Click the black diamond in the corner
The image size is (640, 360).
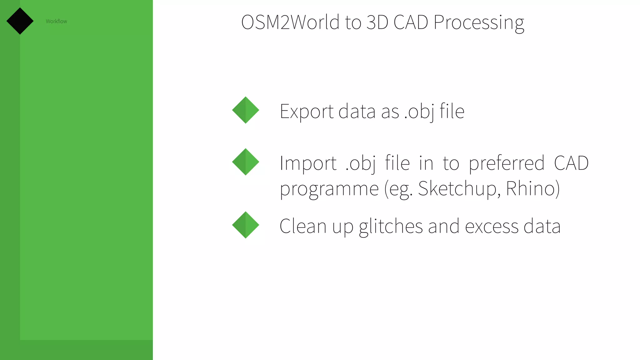click(x=20, y=21)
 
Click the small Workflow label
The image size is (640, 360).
click(x=56, y=21)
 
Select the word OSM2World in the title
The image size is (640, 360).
click(x=290, y=22)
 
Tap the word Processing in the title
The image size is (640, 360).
click(x=479, y=22)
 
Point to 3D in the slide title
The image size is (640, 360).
click(x=377, y=22)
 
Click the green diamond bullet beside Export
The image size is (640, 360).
click(x=246, y=110)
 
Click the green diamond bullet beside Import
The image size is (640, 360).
click(x=246, y=162)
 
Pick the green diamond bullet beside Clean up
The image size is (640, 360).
click(x=246, y=225)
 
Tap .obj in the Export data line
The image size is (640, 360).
click(x=419, y=112)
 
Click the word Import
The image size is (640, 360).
click(x=308, y=163)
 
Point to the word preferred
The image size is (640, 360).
click(x=507, y=163)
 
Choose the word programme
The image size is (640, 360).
click(x=329, y=189)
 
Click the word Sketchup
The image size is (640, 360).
click(x=457, y=189)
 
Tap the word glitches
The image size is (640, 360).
click(x=391, y=226)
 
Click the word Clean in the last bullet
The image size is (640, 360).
click(x=303, y=226)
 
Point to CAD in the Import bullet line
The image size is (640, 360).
click(x=571, y=163)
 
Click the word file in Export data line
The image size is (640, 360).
click(x=452, y=111)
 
